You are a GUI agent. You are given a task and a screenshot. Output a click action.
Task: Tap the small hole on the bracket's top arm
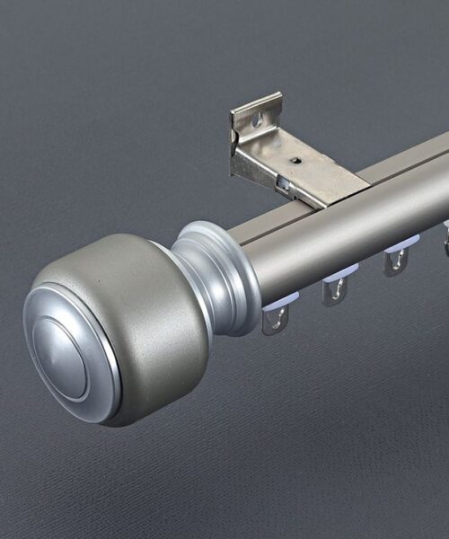click(x=295, y=163)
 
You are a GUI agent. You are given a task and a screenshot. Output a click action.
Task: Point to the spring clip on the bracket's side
click(x=283, y=183)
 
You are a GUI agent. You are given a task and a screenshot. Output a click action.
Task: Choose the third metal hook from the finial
click(x=395, y=261)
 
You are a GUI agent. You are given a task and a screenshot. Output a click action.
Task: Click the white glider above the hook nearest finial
click(x=278, y=304)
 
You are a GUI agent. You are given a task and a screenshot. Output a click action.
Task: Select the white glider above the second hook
click(x=339, y=272)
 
